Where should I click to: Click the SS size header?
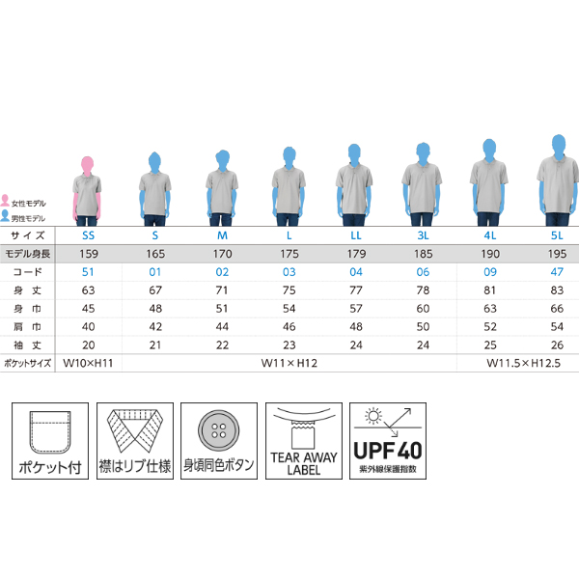(x=88, y=235)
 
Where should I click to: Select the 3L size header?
(x=423, y=235)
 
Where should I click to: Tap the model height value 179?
(x=356, y=254)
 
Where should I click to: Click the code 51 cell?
(x=88, y=272)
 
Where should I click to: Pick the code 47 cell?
(x=557, y=272)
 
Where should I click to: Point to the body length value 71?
(x=222, y=290)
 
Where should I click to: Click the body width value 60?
(x=423, y=309)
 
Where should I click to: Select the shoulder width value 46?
(x=289, y=327)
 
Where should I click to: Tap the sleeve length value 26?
(x=557, y=345)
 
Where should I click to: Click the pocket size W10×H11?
(x=88, y=363)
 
